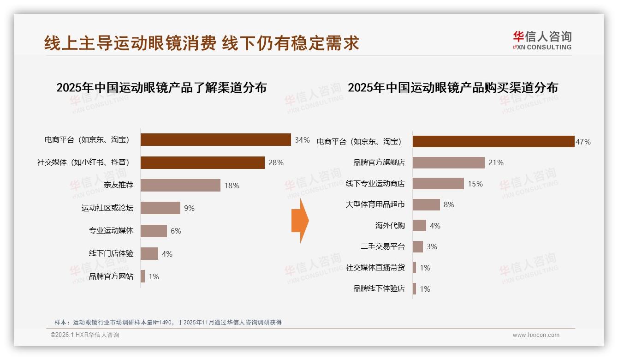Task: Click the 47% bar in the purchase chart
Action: [493, 142]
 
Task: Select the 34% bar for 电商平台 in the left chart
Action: [215, 140]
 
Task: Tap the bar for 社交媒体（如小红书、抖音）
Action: [202, 162]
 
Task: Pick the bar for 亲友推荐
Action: [180, 185]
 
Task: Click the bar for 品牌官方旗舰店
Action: [448, 162]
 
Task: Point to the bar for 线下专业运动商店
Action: [438, 183]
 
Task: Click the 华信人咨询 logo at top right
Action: [542, 41]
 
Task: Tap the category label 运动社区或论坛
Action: [107, 208]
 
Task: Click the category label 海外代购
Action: [390, 226]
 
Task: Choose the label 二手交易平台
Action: [382, 246]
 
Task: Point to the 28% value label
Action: [276, 162]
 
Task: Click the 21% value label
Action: [496, 162]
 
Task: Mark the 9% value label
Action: [189, 208]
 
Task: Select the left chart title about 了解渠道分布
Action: [161, 88]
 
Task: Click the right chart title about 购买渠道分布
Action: [452, 88]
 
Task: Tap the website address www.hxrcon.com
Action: [536, 335]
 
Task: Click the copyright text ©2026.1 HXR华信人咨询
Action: [85, 335]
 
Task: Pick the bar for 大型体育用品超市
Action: [426, 204]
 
